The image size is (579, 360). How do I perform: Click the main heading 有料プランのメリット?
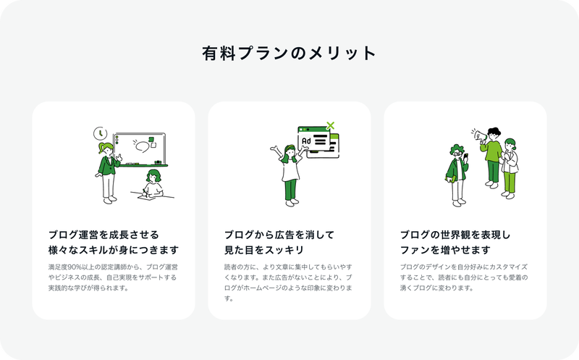tap(289, 53)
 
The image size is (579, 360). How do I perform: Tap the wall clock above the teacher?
tap(100, 133)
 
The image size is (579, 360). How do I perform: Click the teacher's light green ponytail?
tap(101, 148)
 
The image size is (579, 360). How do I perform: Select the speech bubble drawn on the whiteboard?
tap(142, 146)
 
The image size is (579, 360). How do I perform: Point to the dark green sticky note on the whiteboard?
tap(151, 139)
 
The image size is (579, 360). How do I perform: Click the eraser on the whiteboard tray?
tap(158, 162)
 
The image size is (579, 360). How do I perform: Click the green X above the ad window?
tap(331, 125)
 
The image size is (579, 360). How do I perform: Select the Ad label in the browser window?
tap(306, 141)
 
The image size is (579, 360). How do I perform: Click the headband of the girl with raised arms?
tap(291, 148)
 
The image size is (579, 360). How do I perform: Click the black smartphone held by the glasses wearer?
tap(465, 156)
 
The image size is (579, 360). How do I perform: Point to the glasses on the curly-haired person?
tap(458, 152)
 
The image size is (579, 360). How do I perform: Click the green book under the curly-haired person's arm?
tap(450, 179)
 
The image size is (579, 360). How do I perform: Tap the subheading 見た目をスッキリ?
tap(264, 250)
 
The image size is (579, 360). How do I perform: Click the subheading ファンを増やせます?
tap(445, 250)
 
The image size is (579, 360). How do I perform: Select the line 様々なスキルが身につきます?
tap(114, 250)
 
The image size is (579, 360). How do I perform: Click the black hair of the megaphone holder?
tap(494, 131)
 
